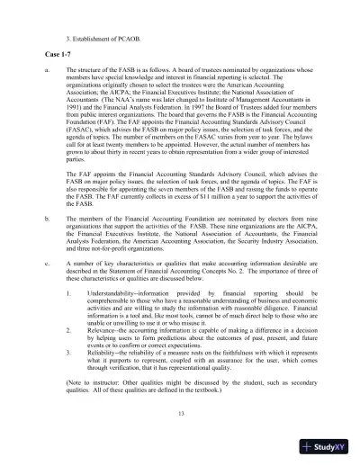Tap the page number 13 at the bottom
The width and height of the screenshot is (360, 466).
[181, 412]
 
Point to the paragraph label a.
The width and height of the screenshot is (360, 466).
[46, 70]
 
